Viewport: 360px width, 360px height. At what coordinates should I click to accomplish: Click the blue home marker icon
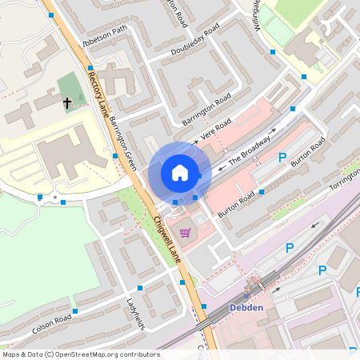click(180, 173)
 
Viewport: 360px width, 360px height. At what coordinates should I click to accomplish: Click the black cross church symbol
click(67, 102)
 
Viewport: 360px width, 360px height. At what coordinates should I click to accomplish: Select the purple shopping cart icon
click(186, 233)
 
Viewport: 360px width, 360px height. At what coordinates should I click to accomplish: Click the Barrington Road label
click(206, 109)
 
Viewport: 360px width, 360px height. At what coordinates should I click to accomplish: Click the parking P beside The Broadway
click(282, 158)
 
